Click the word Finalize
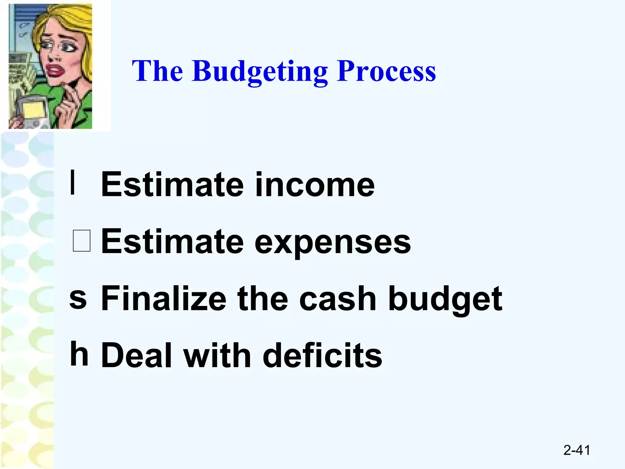[x=164, y=299]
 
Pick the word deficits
[x=322, y=355]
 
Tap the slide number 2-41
[x=576, y=450]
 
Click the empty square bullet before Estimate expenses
[x=82, y=241]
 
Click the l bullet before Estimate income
[x=73, y=182]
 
